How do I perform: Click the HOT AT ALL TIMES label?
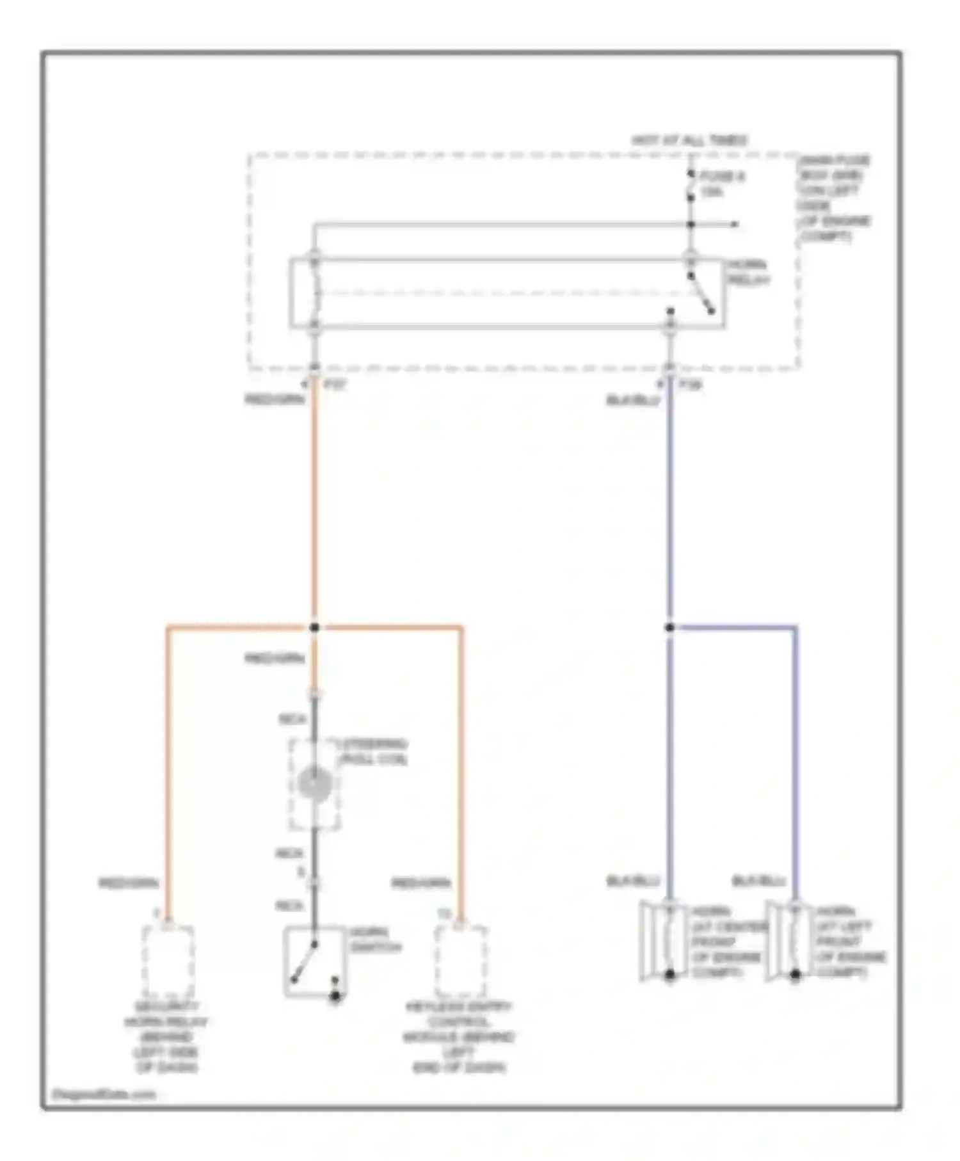[x=689, y=140]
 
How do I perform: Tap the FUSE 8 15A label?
[x=722, y=184]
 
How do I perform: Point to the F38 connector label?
[x=691, y=385]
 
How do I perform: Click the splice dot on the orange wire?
[x=314, y=627]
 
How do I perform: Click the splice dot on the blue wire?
[x=669, y=627]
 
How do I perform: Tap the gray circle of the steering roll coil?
[x=314, y=783]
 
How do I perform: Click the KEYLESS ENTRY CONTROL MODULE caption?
[x=459, y=1037]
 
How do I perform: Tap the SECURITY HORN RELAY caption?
[x=166, y=1037]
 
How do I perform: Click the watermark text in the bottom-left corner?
[x=104, y=1094]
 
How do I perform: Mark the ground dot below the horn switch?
[x=335, y=997]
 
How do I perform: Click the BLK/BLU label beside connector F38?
[x=632, y=401]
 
